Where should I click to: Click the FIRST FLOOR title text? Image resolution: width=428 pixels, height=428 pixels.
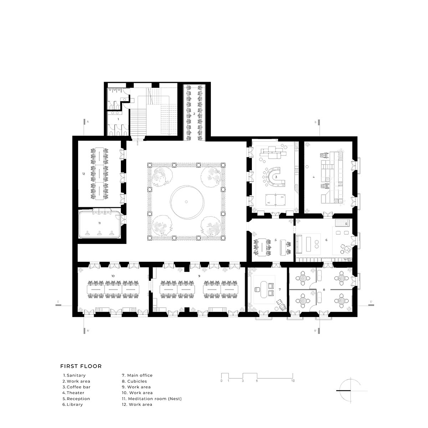pyautogui.click(x=81, y=366)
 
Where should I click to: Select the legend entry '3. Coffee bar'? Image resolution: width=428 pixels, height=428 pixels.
pyautogui.click(x=77, y=387)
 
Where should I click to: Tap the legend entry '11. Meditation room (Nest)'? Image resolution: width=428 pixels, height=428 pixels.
pyautogui.click(x=152, y=399)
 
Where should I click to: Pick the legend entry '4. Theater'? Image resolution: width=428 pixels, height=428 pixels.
pyautogui.click(x=73, y=393)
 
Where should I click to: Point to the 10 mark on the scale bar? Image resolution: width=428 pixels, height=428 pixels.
pyautogui.click(x=292, y=381)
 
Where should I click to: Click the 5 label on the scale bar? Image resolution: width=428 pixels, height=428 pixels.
pyautogui.click(x=257, y=381)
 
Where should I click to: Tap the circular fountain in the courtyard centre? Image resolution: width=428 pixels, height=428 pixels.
pyautogui.click(x=187, y=202)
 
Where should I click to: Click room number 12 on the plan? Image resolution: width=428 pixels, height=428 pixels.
pyautogui.click(x=83, y=174)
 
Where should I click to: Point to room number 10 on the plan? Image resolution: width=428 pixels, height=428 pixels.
pyautogui.click(x=113, y=276)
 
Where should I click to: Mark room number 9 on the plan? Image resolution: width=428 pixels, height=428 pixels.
pyautogui.click(x=199, y=276)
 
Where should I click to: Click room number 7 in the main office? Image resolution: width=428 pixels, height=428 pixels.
pyautogui.click(x=280, y=289)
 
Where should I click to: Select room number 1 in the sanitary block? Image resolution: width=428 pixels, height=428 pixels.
pyautogui.click(x=118, y=119)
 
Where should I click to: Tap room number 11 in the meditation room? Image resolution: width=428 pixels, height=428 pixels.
pyautogui.click(x=100, y=223)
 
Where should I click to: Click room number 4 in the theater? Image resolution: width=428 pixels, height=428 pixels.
pyautogui.click(x=314, y=177)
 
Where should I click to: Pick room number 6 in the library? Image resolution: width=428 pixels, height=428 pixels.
pyautogui.click(x=326, y=240)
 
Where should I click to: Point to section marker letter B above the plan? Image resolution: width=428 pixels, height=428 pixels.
pyautogui.click(x=315, y=122)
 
